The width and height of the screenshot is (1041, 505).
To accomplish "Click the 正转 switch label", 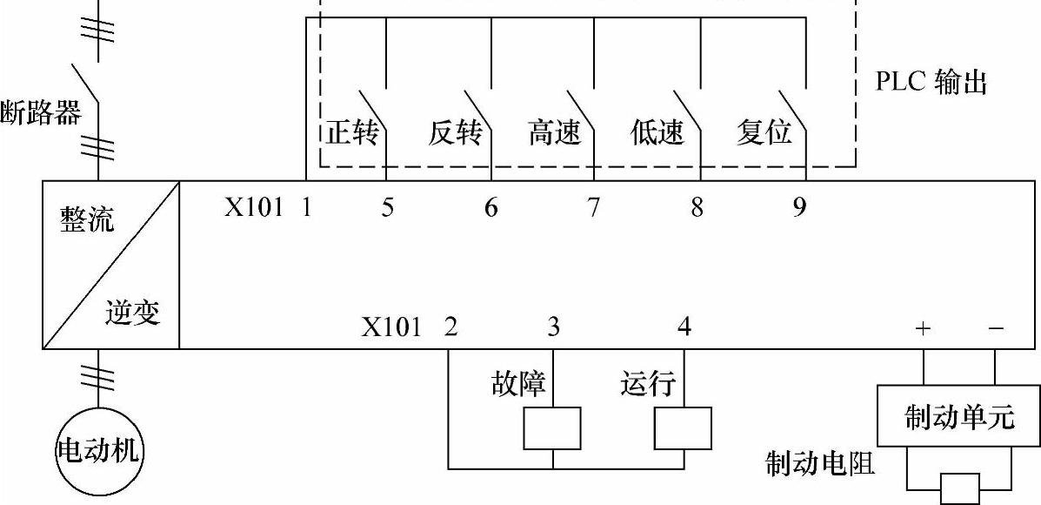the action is tap(353, 134).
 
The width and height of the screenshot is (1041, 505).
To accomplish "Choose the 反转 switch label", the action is tap(455, 134).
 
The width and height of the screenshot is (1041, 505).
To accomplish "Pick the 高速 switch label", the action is tap(554, 134).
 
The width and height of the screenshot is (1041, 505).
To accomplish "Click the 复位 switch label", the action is tap(764, 134).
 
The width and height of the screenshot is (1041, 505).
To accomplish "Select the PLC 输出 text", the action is tap(931, 84).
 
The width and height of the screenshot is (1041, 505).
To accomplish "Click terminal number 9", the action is tap(799, 208).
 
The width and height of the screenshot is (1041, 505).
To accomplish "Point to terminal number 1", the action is tap(306, 208).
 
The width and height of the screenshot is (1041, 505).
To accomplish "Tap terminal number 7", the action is tap(593, 208).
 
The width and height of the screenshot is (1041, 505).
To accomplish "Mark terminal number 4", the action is tap(684, 328).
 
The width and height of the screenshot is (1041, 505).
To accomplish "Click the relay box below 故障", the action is tap(552, 428).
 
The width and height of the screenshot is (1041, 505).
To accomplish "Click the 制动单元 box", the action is tap(958, 416).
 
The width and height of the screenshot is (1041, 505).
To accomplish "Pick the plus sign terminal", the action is tap(923, 328).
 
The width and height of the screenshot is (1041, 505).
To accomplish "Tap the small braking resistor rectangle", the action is tap(959, 485).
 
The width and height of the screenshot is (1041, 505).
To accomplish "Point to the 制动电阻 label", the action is tap(820, 463).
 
